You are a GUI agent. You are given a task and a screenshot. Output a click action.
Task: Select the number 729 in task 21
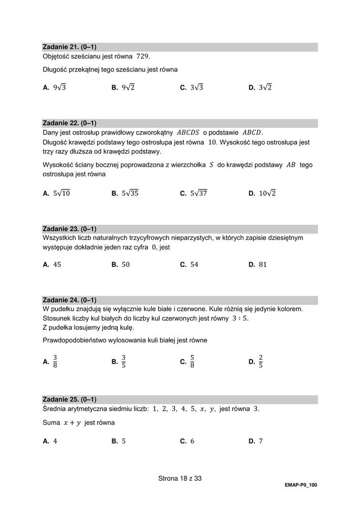coord(143,56)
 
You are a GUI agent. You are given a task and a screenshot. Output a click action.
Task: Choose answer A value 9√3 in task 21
coord(59,87)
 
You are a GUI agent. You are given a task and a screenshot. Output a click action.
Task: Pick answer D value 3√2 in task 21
coord(265,87)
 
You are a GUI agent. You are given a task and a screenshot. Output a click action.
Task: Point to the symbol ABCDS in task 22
coord(188,132)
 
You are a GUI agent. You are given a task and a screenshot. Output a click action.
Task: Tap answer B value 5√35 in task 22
coord(130,193)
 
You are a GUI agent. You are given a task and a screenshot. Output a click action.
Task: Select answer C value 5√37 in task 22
coord(199,193)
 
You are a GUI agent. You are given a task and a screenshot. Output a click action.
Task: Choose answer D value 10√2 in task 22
coord(267,193)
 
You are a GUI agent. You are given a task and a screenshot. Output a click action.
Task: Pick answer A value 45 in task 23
coord(57,265)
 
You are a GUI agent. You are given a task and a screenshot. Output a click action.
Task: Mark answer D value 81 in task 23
coord(263,265)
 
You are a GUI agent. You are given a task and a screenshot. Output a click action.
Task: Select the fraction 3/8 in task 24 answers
coord(55,361)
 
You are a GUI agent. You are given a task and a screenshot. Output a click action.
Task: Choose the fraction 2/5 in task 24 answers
coord(261,361)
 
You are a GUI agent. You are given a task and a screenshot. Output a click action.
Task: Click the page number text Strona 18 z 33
coord(180,478)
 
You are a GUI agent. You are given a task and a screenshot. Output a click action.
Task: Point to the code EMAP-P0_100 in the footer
coord(300,485)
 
